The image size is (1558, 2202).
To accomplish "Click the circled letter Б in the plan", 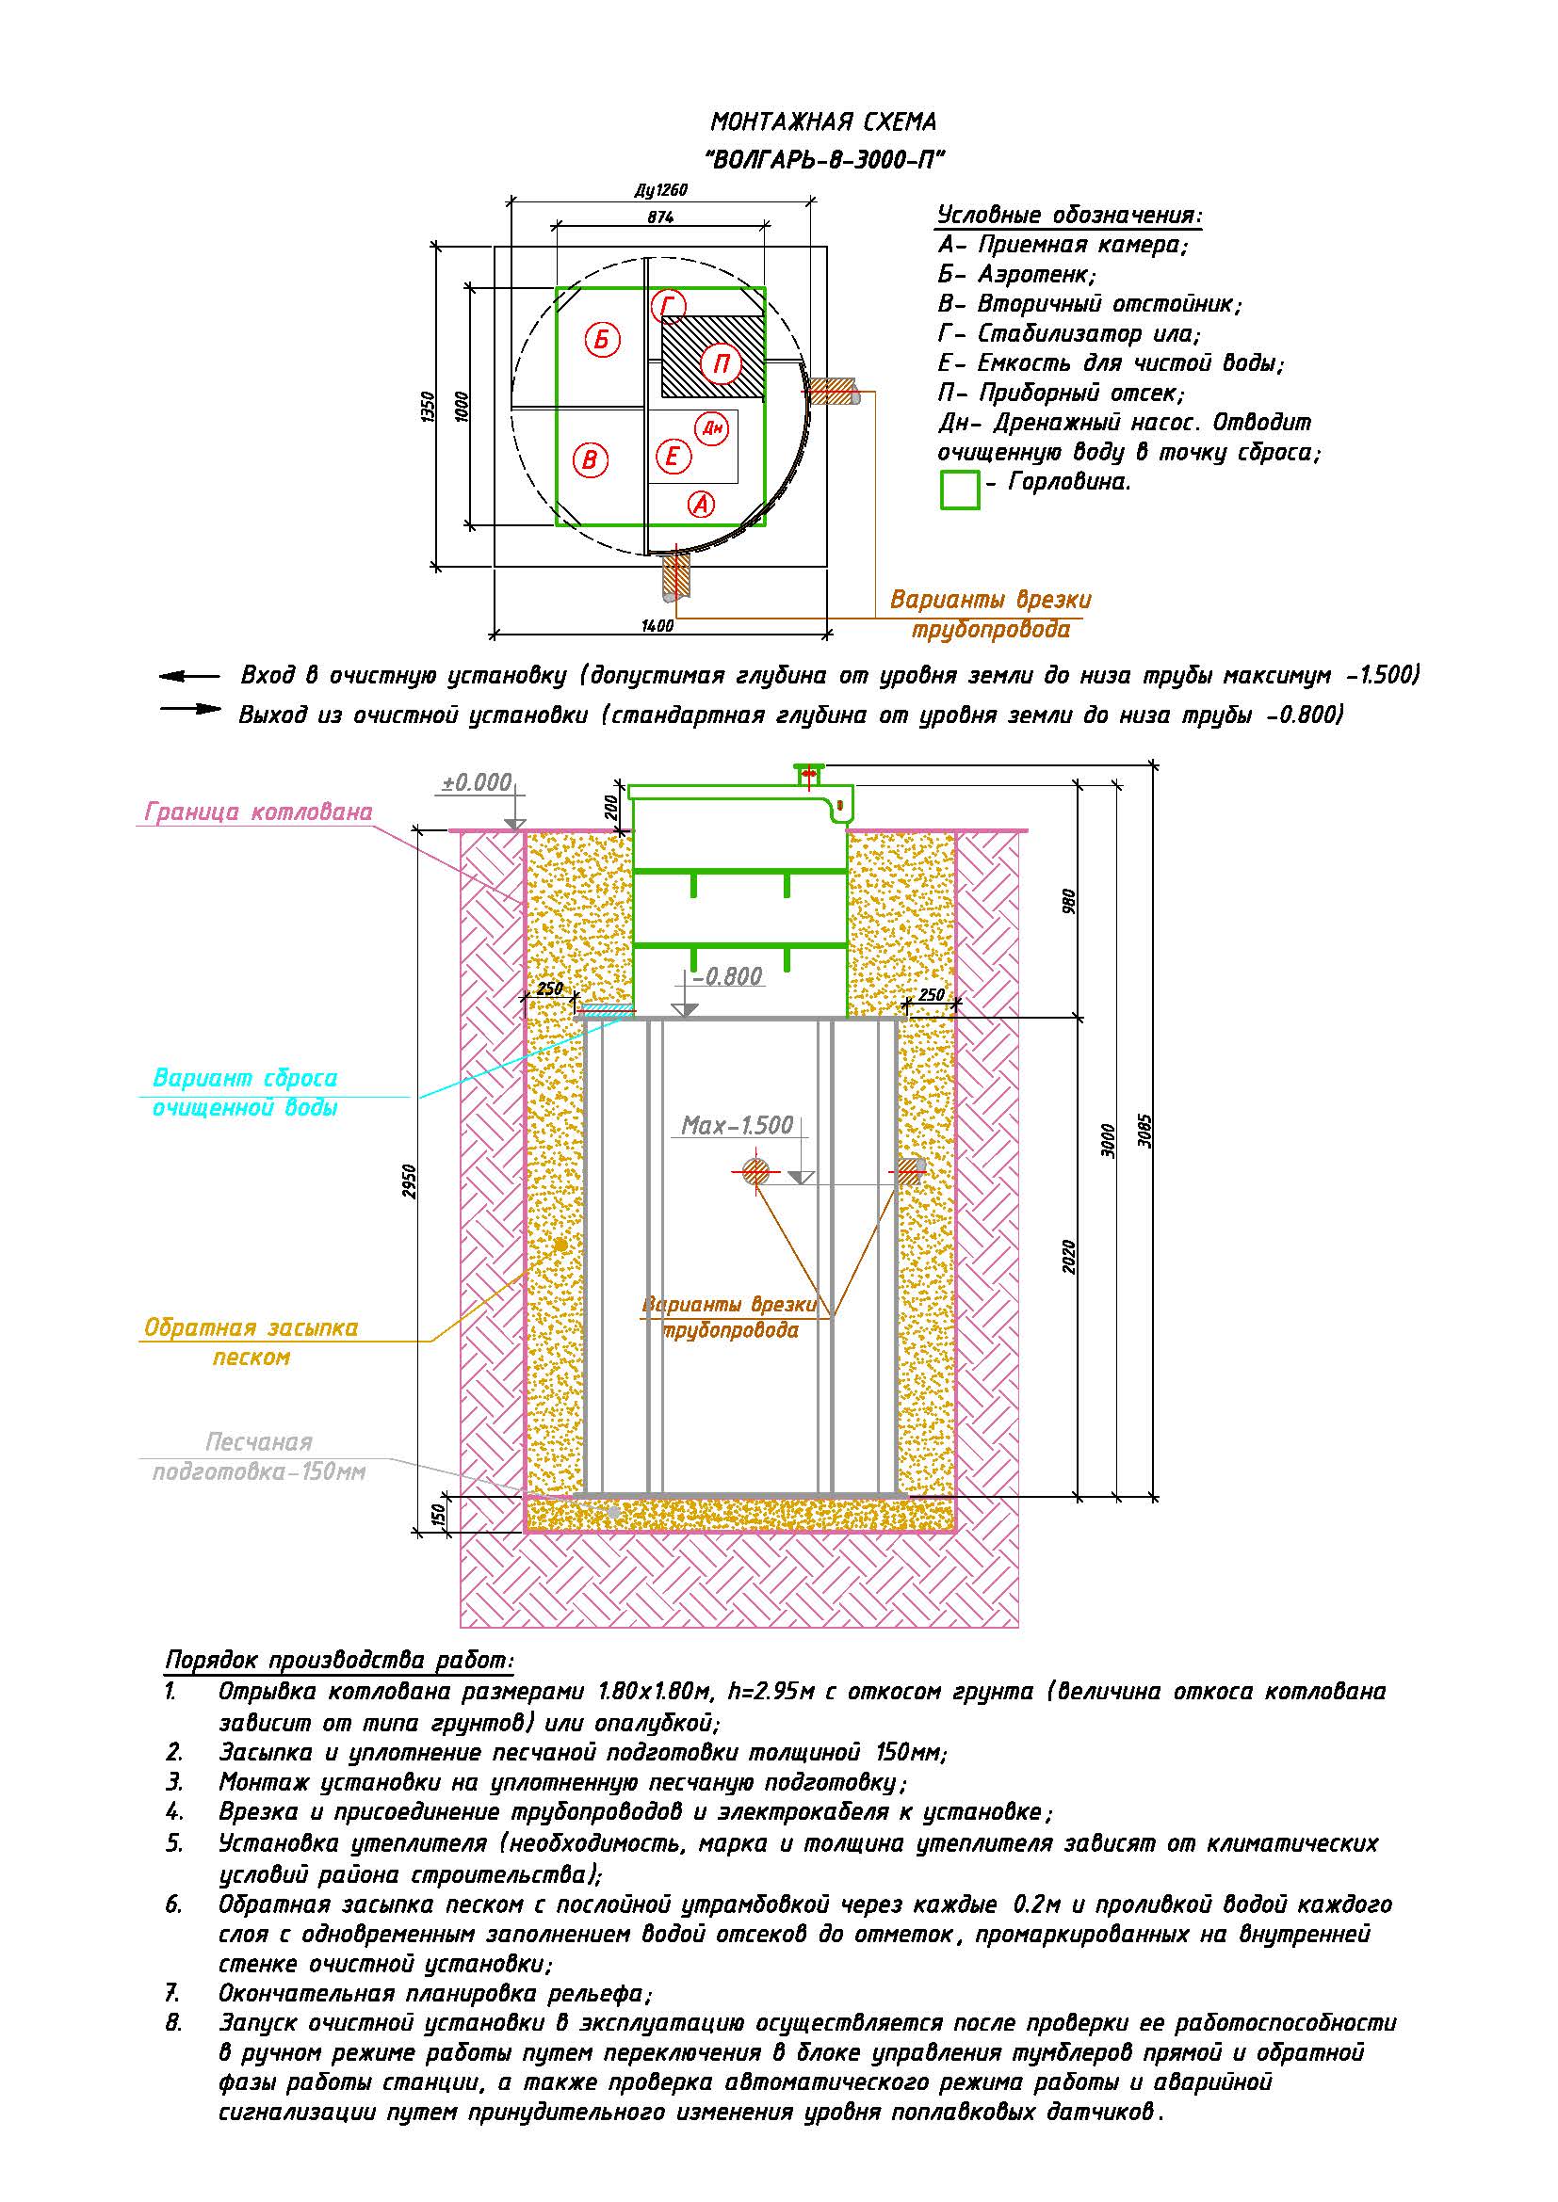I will click(x=602, y=340).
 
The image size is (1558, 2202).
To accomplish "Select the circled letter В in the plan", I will click(x=590, y=460).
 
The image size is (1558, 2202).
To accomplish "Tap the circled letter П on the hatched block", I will click(x=721, y=363).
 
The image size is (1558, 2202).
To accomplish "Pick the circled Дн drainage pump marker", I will click(x=713, y=427).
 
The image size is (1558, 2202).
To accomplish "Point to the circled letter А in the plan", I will click(x=702, y=504).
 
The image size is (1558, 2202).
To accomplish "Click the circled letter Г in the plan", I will click(x=669, y=307).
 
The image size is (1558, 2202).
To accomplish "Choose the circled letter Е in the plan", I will click(x=673, y=457).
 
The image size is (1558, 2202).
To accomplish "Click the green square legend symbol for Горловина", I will click(x=959, y=490).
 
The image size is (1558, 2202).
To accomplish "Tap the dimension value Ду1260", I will click(x=661, y=190).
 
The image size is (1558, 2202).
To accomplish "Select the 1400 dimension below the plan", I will click(x=657, y=626).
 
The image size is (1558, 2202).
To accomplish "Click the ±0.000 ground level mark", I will click(x=477, y=782).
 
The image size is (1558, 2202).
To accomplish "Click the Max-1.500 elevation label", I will click(x=737, y=1125).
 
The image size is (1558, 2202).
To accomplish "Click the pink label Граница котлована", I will click(x=258, y=812).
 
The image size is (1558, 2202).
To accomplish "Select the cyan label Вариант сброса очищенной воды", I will click(x=246, y=1092).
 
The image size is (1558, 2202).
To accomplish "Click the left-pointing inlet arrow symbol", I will click(x=189, y=677).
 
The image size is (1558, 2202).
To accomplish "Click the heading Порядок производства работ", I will click(x=340, y=1660).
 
